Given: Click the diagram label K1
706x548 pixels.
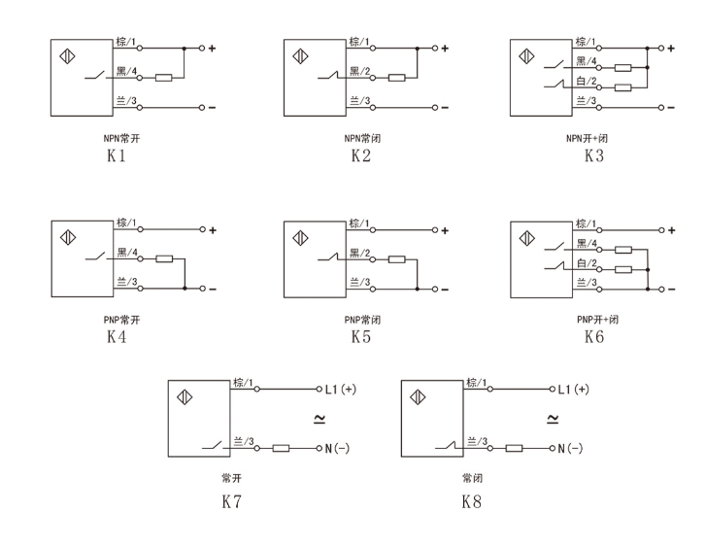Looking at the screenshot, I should point(117,156).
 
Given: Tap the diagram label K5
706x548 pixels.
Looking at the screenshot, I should point(360,338).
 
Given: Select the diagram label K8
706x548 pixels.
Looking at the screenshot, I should point(472,502).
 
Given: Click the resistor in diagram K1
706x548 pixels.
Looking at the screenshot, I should point(163,78).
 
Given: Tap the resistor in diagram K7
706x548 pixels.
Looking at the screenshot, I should point(282,448).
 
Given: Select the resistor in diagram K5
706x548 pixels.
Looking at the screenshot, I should point(396,259).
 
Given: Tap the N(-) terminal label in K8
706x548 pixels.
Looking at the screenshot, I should point(570,448).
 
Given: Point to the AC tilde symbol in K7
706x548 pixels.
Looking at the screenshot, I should point(319,419).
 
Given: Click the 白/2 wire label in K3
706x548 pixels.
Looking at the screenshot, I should point(586,83).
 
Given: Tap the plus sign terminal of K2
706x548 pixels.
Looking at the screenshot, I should point(445,49).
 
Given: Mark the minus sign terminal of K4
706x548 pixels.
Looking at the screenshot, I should point(212,290).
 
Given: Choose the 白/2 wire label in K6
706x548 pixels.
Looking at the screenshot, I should point(586,263).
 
